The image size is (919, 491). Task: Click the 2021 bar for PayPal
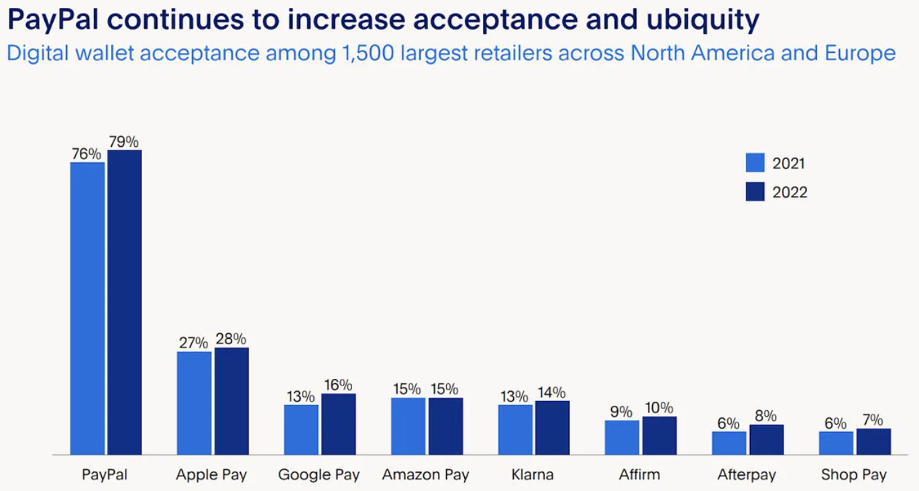[87, 309]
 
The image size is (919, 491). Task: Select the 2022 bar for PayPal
[125, 303]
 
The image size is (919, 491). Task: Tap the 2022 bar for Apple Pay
[231, 401]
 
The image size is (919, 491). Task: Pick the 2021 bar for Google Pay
[301, 430]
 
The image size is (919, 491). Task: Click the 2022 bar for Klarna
[552, 428]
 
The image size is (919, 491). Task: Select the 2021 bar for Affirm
[622, 438]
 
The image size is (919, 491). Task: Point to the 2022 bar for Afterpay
[766, 440]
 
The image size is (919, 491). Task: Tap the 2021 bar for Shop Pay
[836, 443]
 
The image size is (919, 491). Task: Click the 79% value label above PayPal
[124, 142]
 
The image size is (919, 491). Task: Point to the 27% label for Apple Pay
[193, 343]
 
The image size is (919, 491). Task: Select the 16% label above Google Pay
[337, 385]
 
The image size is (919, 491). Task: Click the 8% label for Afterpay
[765, 416]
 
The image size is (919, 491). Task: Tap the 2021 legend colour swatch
[755, 163]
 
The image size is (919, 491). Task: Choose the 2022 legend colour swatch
[755, 192]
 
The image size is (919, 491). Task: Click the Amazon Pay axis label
[425, 475]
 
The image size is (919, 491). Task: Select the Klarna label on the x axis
[533, 475]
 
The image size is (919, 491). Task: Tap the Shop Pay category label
[853, 475]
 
